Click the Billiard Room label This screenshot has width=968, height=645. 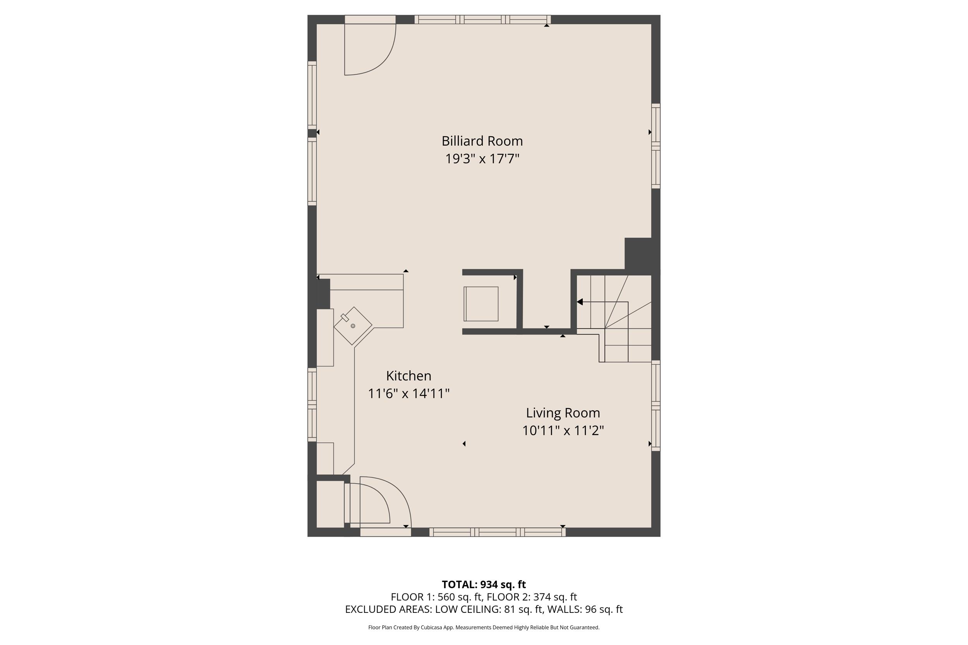tap(482, 141)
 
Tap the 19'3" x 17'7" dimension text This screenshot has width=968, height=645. tap(482, 159)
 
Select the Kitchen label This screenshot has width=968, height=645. tap(408, 376)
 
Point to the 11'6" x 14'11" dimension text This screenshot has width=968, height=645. tap(408, 394)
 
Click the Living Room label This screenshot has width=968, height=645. tap(562, 413)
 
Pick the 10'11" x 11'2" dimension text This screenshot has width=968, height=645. tap(562, 431)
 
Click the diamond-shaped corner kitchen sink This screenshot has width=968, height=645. tap(353, 326)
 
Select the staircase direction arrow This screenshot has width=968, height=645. tap(580, 302)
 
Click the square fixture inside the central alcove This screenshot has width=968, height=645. tap(481, 304)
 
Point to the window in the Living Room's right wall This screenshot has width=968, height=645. tap(656, 405)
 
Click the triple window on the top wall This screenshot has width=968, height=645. tap(482, 19)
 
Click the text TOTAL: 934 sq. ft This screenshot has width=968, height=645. tap(483, 585)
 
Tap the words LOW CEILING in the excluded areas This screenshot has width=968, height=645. tap(468, 609)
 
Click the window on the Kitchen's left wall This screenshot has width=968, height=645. tap(312, 405)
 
